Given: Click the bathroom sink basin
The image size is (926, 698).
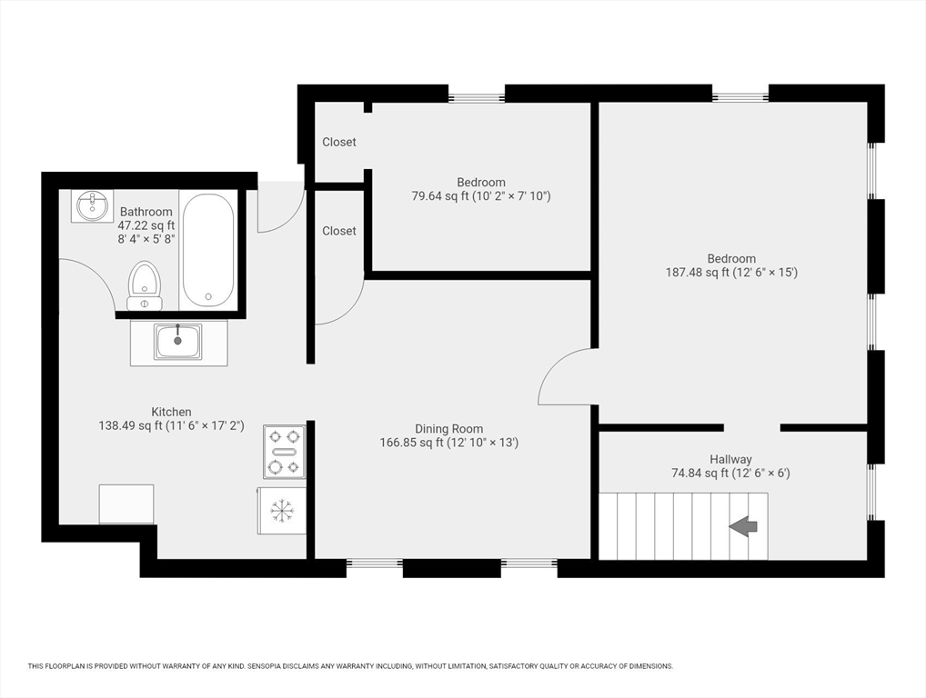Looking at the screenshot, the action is (92, 205).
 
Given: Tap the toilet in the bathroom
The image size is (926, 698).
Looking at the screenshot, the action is (145, 285).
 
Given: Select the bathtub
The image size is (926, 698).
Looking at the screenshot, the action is (208, 250).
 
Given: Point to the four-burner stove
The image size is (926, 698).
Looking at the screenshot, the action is (285, 452).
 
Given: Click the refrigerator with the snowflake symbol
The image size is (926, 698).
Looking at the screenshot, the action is (282, 511).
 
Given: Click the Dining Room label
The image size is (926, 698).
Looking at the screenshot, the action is (448, 429).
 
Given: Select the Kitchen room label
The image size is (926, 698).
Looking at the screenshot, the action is (171, 412).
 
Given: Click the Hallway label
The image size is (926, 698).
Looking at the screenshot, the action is (730, 459).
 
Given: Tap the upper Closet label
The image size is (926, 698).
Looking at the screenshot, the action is (339, 142).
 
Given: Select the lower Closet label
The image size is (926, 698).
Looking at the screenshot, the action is (339, 231).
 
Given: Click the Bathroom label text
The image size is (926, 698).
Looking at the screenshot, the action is (146, 211).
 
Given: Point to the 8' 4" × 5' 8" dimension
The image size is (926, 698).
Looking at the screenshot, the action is (146, 239).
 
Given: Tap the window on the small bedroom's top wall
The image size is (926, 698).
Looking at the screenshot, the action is (477, 94).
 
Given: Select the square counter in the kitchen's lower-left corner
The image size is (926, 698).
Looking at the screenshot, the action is (126, 504).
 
